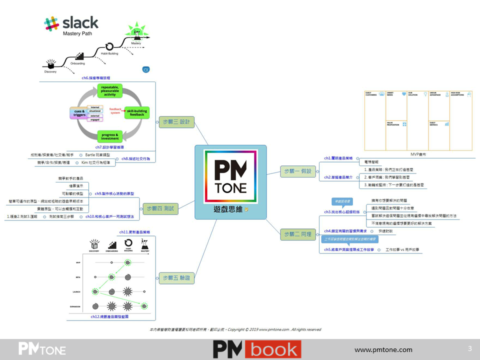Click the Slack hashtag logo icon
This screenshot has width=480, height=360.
point(51,24)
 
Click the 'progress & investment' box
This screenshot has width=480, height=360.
point(110,136)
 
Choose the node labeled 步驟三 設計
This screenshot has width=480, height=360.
point(176,121)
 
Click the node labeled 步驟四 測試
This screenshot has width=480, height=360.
point(160,208)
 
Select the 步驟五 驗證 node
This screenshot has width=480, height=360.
point(176,278)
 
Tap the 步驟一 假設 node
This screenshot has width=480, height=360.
point(296,171)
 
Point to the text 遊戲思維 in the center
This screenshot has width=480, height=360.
point(228,209)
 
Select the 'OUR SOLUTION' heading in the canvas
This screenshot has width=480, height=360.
point(413,93)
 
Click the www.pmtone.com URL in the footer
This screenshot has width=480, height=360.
point(383,349)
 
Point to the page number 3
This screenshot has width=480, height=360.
point(469,348)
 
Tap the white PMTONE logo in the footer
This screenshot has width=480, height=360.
point(42,349)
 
